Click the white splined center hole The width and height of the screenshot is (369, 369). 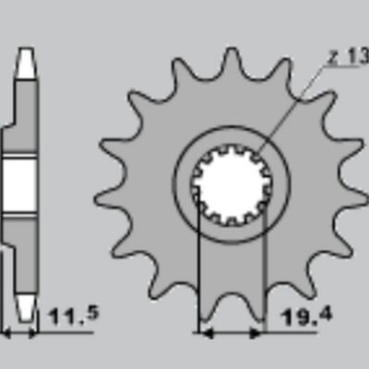point(231,184)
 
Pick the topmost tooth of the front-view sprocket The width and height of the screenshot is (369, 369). point(231,63)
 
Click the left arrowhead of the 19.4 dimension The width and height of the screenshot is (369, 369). point(206,330)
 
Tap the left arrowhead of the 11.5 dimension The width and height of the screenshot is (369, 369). point(7,330)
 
